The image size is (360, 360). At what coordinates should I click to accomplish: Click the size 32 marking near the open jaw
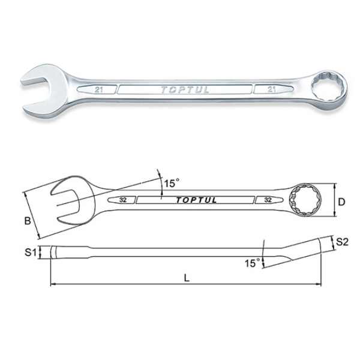[x=123, y=199]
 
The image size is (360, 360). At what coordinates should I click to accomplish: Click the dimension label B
[x=27, y=221]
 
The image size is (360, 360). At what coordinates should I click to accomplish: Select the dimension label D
[x=341, y=202]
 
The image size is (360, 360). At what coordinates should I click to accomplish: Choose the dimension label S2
[x=343, y=242]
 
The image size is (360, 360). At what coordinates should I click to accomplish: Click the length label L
[x=188, y=278]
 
